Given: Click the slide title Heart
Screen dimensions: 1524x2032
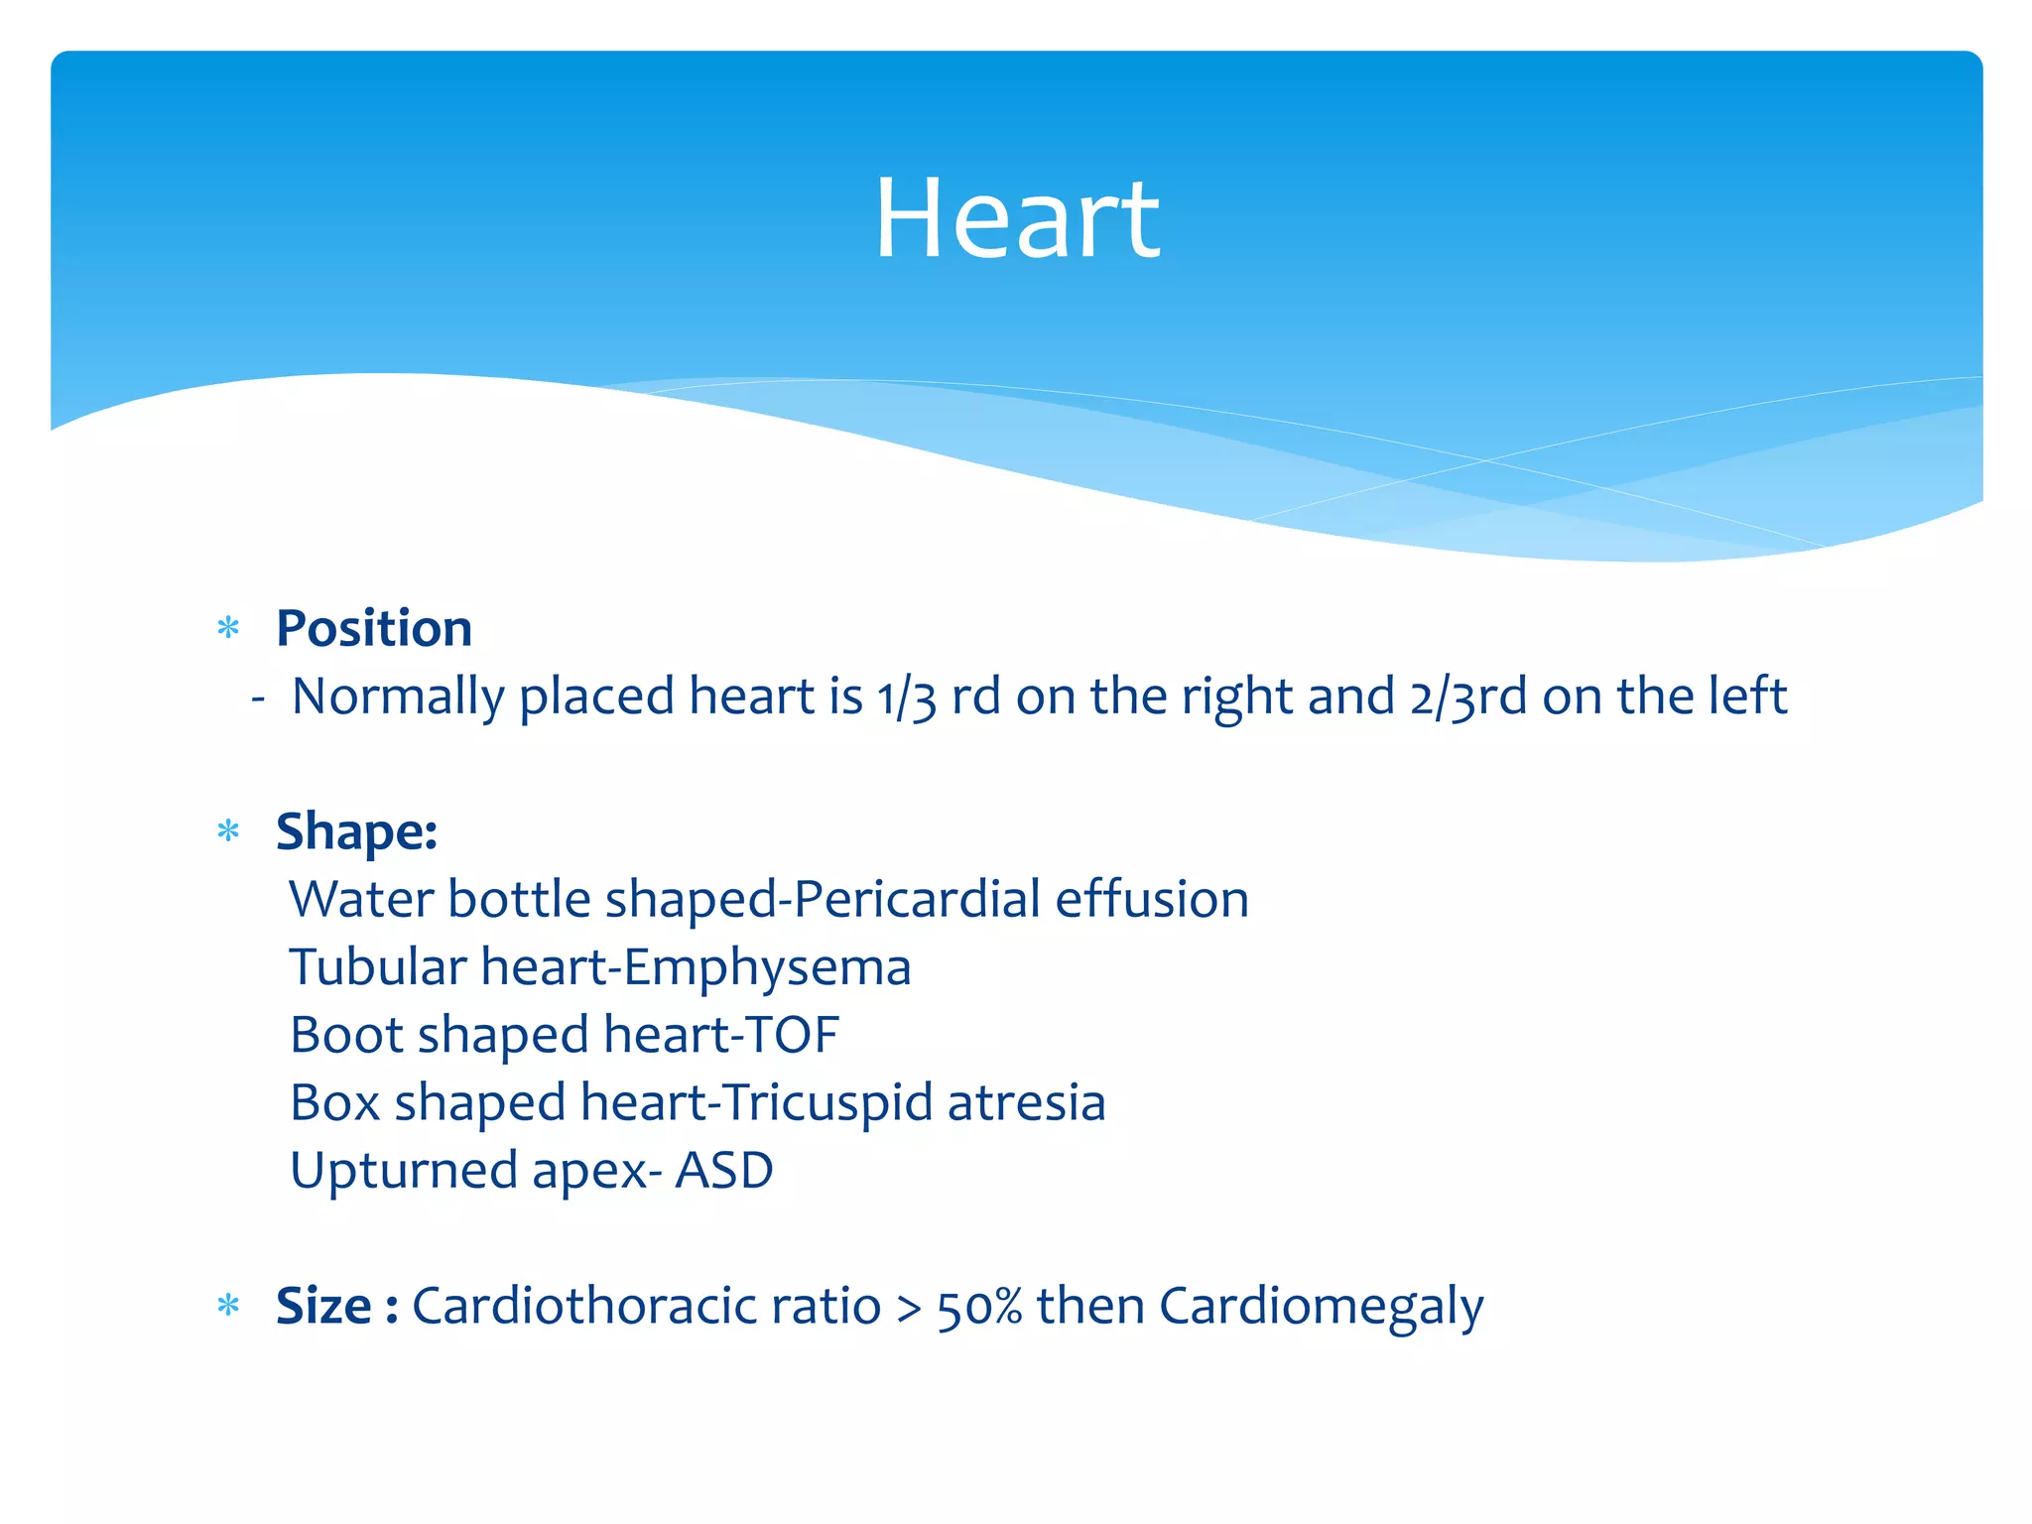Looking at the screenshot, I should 1016,218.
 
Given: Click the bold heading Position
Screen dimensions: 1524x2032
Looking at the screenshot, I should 374,628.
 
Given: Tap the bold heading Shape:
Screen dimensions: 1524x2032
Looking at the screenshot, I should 356,830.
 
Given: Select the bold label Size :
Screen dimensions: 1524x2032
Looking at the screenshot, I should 336,1305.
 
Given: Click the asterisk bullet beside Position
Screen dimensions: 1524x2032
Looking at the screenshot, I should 228,628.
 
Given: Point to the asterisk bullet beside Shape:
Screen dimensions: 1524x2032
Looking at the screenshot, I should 228,830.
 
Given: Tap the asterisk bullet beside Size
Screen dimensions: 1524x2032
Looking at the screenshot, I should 228,1305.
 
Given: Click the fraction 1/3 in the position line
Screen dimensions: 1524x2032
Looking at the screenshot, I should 906,697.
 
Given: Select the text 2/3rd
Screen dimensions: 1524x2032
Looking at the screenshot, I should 1467,697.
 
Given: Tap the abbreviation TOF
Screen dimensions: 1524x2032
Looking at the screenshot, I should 793,1035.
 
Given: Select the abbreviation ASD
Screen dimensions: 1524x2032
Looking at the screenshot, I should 724,1171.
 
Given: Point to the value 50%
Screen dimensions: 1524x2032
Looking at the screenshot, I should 979,1307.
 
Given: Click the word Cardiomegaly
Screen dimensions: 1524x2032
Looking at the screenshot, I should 1321,1307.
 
